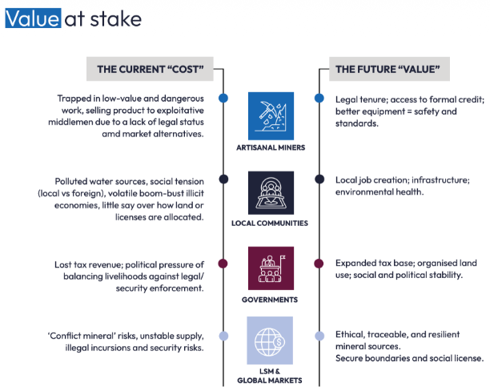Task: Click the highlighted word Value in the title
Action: point(33,18)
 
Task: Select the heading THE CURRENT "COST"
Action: point(150,70)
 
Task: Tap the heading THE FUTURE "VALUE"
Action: point(388,70)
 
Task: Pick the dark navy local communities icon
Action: point(270,192)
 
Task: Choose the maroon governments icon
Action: point(270,268)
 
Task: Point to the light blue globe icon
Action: point(270,340)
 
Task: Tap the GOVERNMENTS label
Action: point(270,300)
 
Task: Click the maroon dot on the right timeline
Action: point(319,263)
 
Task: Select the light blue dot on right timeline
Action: point(319,336)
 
